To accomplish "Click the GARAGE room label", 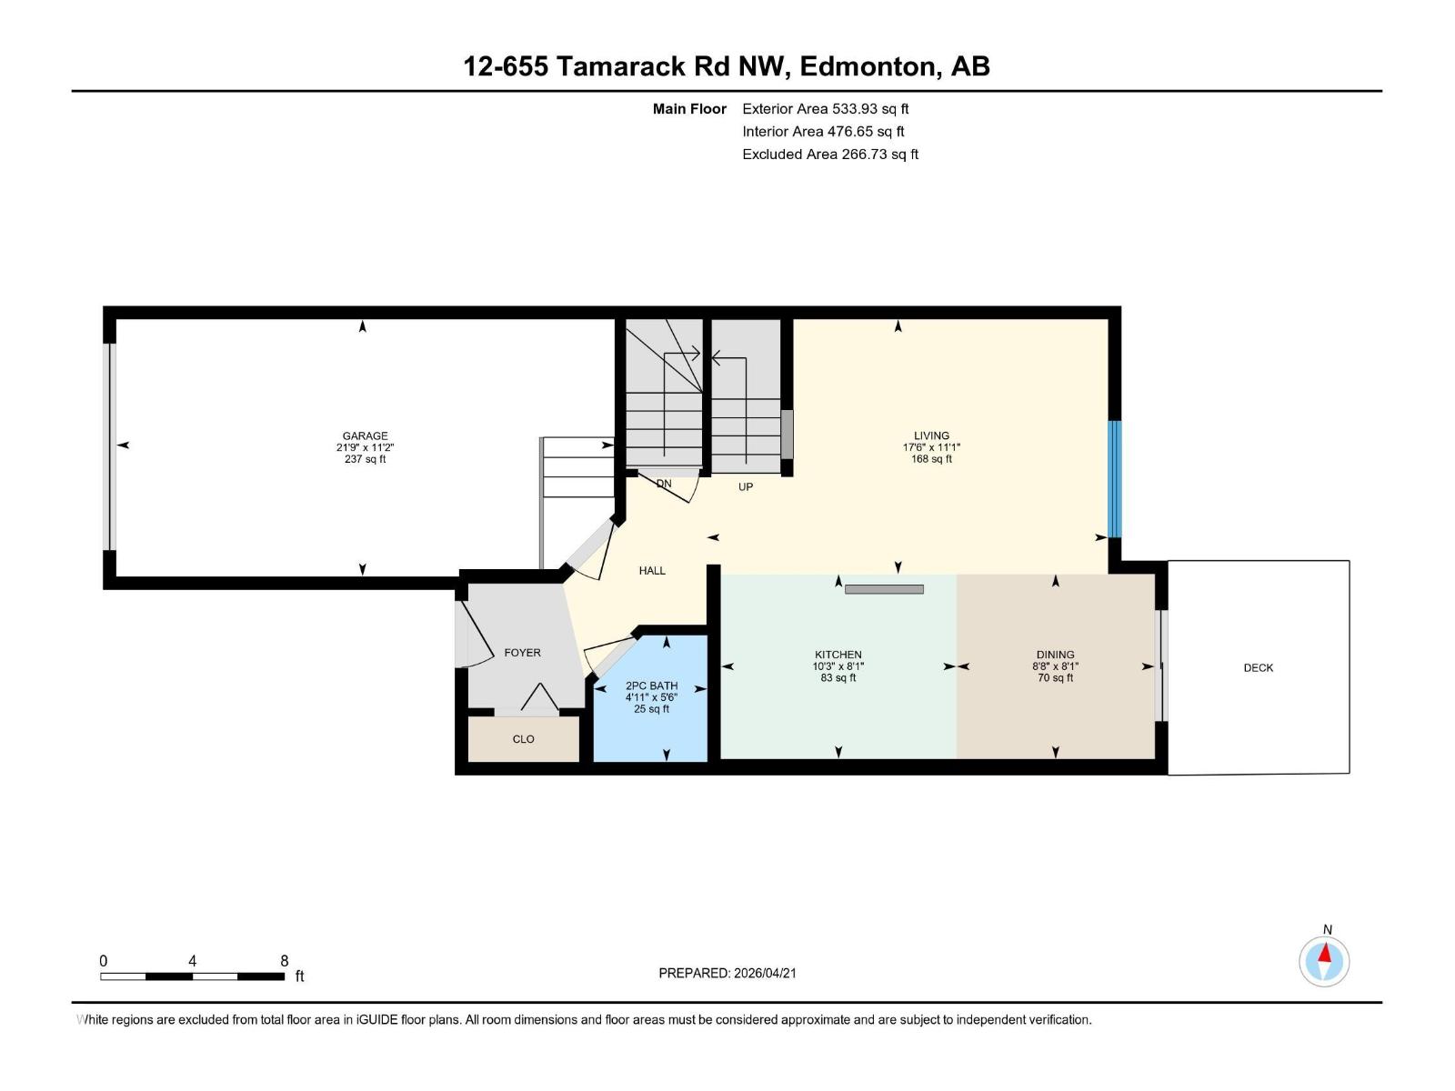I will pyautogui.click(x=365, y=435).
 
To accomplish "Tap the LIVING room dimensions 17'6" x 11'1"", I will pyautogui.click(x=931, y=447).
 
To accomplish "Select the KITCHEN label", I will pyautogui.click(x=838, y=655).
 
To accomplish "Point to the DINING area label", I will pyautogui.click(x=1055, y=655).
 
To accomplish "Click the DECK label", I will pyautogui.click(x=1258, y=667).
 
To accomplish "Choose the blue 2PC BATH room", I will pyautogui.click(x=651, y=727).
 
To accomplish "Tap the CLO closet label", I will pyautogui.click(x=523, y=739).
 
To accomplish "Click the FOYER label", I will pyautogui.click(x=522, y=653).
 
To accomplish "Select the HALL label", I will pyautogui.click(x=652, y=571).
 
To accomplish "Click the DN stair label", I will pyautogui.click(x=664, y=484).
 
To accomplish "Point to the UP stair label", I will pyautogui.click(x=746, y=487).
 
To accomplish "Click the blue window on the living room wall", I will pyautogui.click(x=1114, y=478).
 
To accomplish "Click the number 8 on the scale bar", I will pyautogui.click(x=284, y=961).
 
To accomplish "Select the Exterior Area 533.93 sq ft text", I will pyautogui.click(x=825, y=109).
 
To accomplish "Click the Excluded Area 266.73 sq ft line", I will pyautogui.click(x=829, y=155).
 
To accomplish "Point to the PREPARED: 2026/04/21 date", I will pyautogui.click(x=727, y=973).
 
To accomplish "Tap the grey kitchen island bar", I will pyautogui.click(x=884, y=589).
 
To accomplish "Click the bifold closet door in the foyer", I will pyautogui.click(x=539, y=698).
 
